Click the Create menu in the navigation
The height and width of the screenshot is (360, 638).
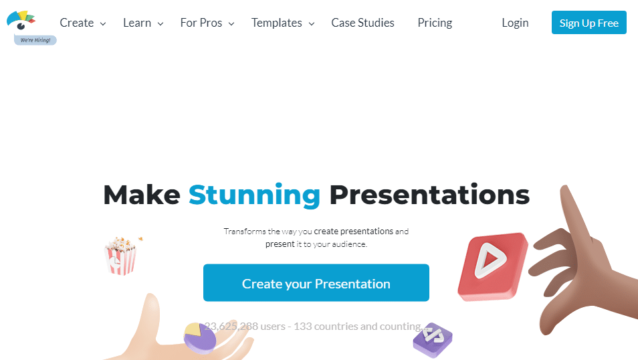[77, 23]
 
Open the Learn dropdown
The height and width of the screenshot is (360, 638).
[137, 23]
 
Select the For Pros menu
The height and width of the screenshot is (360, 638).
[201, 23]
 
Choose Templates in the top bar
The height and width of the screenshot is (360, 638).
[277, 23]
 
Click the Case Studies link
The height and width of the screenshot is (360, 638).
[362, 23]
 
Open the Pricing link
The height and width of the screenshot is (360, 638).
[435, 23]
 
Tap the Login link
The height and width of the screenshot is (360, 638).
[515, 23]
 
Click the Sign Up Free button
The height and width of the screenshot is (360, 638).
[589, 23]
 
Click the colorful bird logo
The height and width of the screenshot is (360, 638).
[21, 20]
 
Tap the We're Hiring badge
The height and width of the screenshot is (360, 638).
[35, 40]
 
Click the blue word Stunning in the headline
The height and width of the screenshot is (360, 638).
[254, 195]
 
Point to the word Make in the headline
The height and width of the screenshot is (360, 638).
[142, 195]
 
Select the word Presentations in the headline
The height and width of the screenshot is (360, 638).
[429, 195]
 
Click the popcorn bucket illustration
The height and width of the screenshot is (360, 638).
[121, 256]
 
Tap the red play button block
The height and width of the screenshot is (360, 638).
[492, 265]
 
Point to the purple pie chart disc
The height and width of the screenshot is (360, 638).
[199, 338]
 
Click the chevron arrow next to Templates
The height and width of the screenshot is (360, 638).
[312, 24]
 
